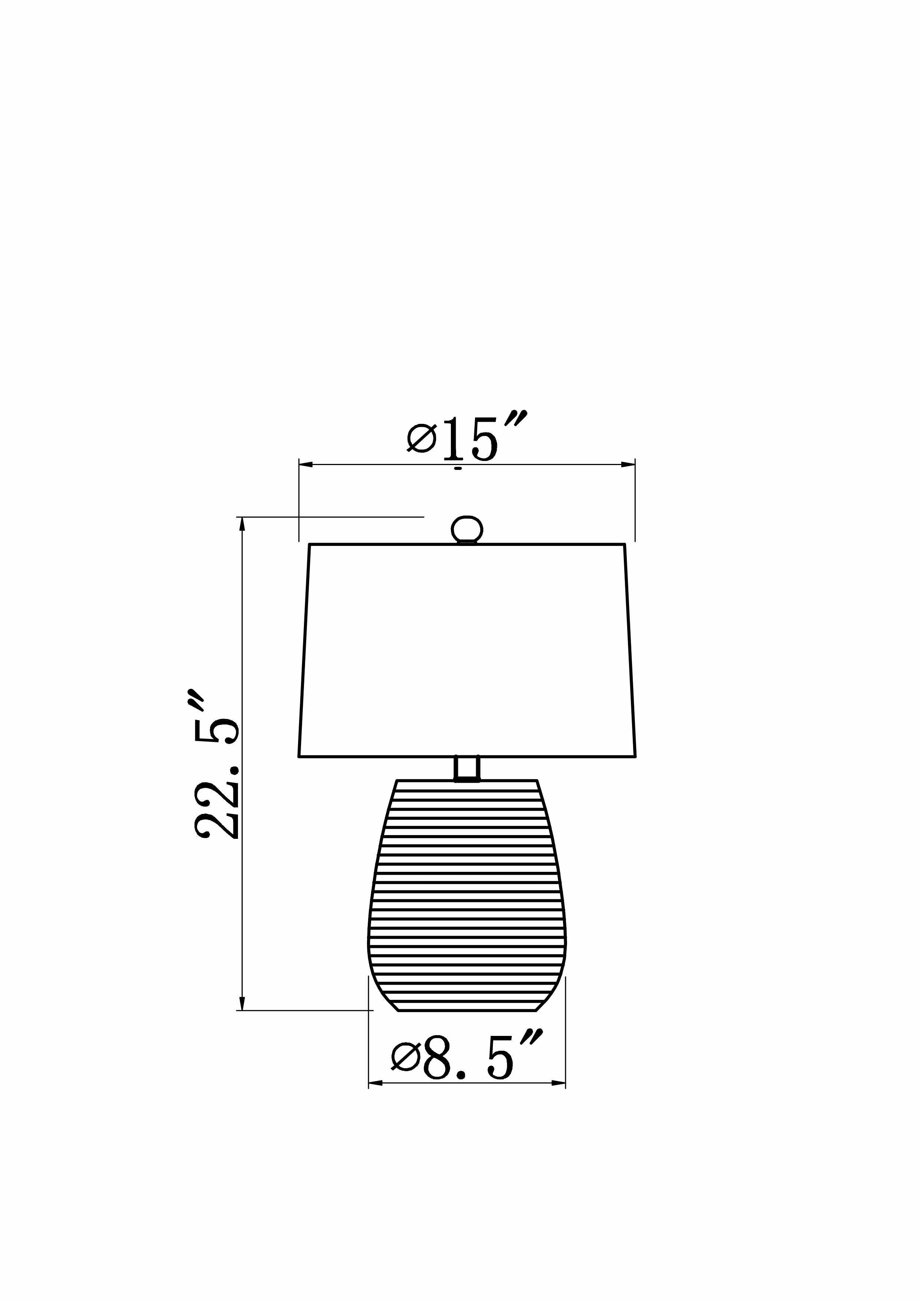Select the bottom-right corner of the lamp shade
(x=635, y=756)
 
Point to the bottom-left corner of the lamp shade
(x=299, y=756)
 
